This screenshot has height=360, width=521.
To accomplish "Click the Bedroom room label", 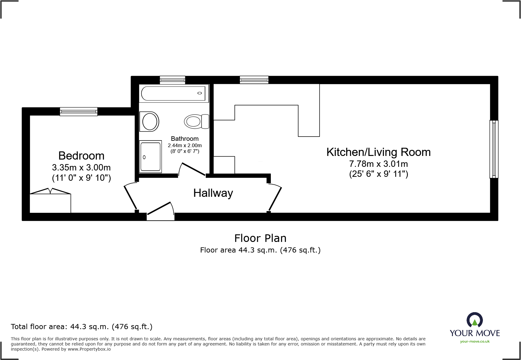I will (x=81, y=156).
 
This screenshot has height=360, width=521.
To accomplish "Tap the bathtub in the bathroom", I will (x=173, y=93).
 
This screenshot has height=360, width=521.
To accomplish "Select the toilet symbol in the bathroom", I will (x=196, y=121).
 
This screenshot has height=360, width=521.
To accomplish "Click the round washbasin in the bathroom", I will (x=149, y=121).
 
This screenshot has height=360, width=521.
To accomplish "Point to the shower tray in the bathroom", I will (x=150, y=157).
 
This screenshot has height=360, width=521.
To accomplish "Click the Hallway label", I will (x=213, y=193).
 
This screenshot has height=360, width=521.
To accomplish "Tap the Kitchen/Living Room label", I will (x=378, y=152).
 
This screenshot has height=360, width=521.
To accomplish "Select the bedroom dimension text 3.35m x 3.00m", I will (x=81, y=167).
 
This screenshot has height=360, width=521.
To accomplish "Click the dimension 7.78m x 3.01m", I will (x=378, y=164).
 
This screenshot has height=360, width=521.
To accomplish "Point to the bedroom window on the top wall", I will (x=79, y=111).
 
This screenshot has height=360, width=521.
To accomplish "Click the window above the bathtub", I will (x=172, y=80).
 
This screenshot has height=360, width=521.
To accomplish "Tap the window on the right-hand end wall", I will (x=494, y=149).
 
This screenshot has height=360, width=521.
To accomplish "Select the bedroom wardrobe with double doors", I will (x=50, y=202).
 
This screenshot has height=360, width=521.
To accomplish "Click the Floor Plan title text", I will (x=260, y=238).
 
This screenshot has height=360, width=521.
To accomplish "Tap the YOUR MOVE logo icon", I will (x=474, y=320).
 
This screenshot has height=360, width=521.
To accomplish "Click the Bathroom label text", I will (x=185, y=139).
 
